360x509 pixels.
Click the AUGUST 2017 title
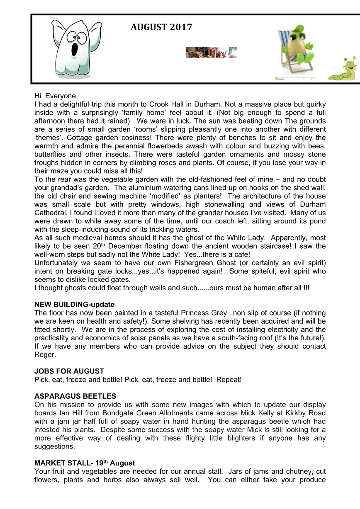(x=161, y=28)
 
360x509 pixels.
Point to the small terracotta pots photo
(x=211, y=52)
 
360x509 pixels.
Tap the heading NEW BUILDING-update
(x=74, y=305)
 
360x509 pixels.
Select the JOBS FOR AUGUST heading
(x=69, y=371)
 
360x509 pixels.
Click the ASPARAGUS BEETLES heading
(x=75, y=396)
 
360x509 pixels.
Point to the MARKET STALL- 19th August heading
(x=85, y=463)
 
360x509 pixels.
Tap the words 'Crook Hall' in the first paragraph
(x=182, y=104)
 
